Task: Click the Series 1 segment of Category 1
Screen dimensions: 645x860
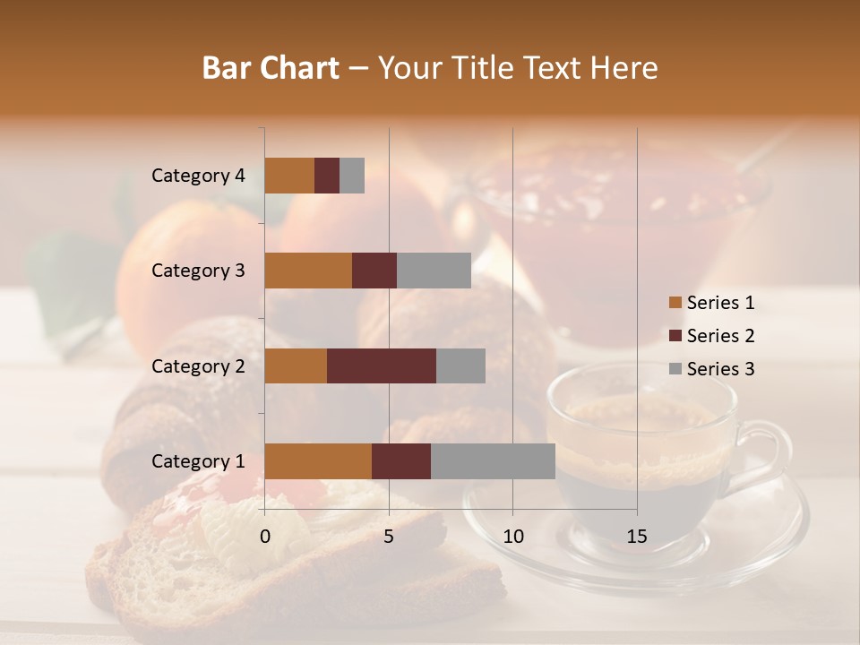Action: click(x=318, y=461)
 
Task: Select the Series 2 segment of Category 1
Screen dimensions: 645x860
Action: click(x=401, y=461)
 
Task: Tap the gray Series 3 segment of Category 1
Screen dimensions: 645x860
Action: click(x=493, y=461)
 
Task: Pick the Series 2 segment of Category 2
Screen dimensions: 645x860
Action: click(x=382, y=365)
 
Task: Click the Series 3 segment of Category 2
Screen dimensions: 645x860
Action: click(x=460, y=365)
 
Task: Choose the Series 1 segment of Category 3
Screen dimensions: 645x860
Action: click(x=308, y=271)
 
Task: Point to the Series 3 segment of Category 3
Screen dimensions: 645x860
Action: click(x=434, y=271)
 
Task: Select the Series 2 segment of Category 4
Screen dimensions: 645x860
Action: click(x=327, y=176)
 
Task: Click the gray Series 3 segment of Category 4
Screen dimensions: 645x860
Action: click(x=352, y=176)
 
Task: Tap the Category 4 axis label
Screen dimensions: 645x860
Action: click(x=198, y=176)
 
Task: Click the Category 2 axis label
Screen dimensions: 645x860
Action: click(x=198, y=365)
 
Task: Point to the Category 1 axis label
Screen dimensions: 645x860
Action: click(x=198, y=461)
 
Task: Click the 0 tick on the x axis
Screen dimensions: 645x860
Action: click(x=265, y=537)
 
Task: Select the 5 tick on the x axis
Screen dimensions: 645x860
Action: click(x=389, y=537)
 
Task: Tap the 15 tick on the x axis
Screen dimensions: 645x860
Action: click(x=636, y=537)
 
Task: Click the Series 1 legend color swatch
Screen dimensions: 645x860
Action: click(x=675, y=303)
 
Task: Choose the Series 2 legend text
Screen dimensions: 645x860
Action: click(x=720, y=336)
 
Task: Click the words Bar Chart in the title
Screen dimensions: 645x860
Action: click(x=270, y=68)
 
